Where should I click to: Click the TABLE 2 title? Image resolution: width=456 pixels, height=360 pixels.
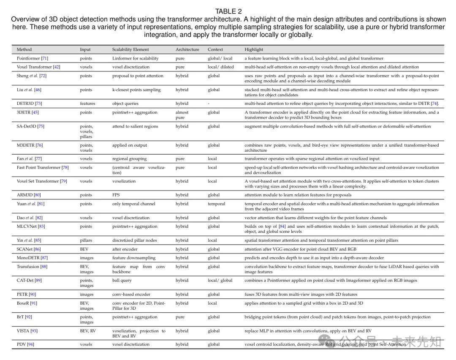pos(228,11)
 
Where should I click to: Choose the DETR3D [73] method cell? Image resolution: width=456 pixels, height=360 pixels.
pos(29,104)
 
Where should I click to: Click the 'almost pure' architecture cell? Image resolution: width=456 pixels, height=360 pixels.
pos(182,115)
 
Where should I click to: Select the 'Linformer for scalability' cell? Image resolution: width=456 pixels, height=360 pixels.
pos(135,58)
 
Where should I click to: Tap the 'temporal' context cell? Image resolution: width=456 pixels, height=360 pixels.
pos(216,204)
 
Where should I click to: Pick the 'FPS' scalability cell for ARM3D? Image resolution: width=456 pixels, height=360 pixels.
pos(116,195)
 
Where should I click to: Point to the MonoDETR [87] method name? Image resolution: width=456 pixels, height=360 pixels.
pos(32,258)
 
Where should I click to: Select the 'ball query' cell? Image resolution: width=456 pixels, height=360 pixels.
pos(122,281)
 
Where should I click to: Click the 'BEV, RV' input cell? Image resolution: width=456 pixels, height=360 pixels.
pos(88,331)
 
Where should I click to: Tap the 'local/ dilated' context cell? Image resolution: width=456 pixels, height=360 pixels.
pos(220,67)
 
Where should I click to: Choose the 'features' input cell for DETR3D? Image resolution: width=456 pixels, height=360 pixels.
pos(87,104)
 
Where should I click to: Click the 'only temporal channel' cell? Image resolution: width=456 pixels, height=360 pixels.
pos(133,204)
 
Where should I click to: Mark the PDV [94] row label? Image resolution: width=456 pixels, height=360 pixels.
pos(25,344)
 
